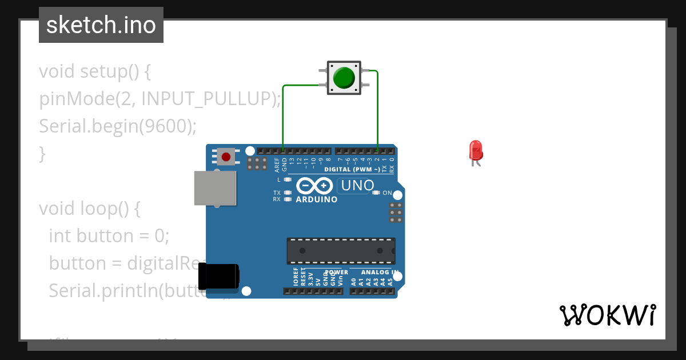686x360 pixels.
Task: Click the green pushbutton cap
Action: click(x=344, y=77)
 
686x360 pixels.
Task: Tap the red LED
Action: click(x=476, y=151)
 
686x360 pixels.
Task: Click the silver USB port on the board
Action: click(x=215, y=187)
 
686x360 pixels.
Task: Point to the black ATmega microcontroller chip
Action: click(x=341, y=251)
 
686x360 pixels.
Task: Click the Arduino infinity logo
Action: click(x=315, y=186)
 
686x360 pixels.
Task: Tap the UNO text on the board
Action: click(x=357, y=185)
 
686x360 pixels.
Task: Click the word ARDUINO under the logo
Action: click(x=317, y=199)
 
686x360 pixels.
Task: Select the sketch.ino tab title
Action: click(x=101, y=25)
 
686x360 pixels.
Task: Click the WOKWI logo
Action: click(x=607, y=315)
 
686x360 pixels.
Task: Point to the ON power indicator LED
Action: click(x=376, y=193)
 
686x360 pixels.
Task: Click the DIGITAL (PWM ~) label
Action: click(x=352, y=170)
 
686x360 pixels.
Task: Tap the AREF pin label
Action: click(x=277, y=165)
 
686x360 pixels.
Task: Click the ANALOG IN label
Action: click(x=379, y=272)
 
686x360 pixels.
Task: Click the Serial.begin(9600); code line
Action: click(x=117, y=126)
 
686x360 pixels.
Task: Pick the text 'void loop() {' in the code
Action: click(x=89, y=209)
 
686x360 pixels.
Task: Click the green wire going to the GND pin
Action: click(x=284, y=114)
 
